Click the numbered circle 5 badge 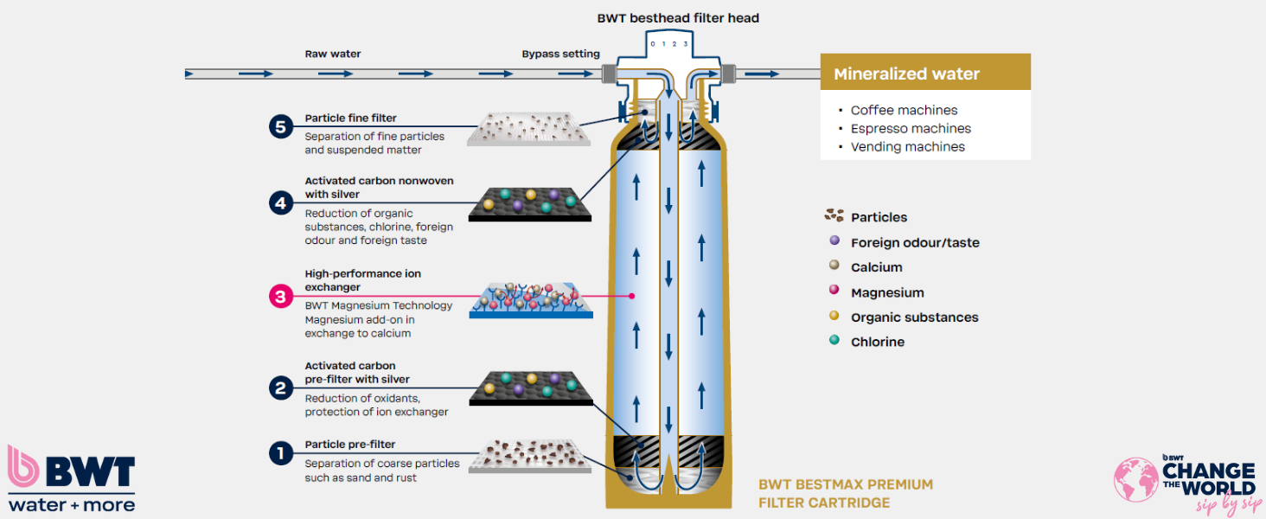pos(279,127)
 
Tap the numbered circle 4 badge pos(279,203)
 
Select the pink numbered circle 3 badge pos(279,296)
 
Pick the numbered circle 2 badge pos(279,388)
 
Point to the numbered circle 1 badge pos(279,453)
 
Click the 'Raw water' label pos(333,54)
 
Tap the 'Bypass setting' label pos(560,54)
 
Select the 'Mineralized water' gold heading pos(906,74)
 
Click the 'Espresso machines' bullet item pos(911,128)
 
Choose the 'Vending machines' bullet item pos(907,146)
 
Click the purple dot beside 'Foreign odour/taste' pos(834,241)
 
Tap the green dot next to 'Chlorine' pos(834,341)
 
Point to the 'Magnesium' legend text pos(887,292)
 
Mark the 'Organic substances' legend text pos(914,317)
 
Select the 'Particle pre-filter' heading pos(349,445)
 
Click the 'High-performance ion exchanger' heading pos(362,280)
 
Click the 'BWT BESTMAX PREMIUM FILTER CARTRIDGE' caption pos(845,493)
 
